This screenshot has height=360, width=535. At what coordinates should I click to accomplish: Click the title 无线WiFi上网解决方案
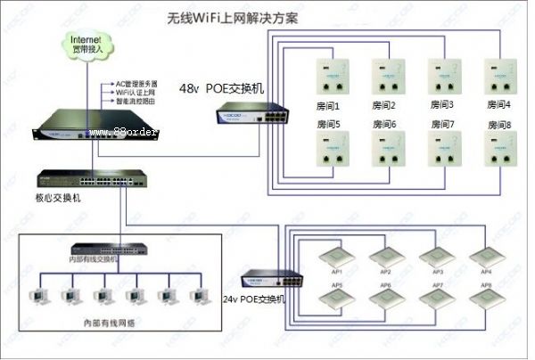[235, 17]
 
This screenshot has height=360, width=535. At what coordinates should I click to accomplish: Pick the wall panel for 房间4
[501, 78]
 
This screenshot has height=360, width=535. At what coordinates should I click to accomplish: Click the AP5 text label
[337, 285]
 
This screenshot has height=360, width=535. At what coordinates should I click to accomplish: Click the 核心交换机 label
[59, 198]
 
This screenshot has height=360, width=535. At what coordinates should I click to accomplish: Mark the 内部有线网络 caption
[110, 322]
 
